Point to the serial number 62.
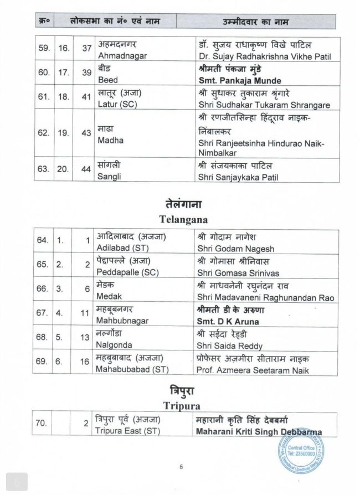(x=43, y=135)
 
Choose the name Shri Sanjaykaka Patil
(x=235, y=177)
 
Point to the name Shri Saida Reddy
(x=227, y=343)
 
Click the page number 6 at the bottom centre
(x=181, y=467)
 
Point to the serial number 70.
(x=43, y=426)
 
